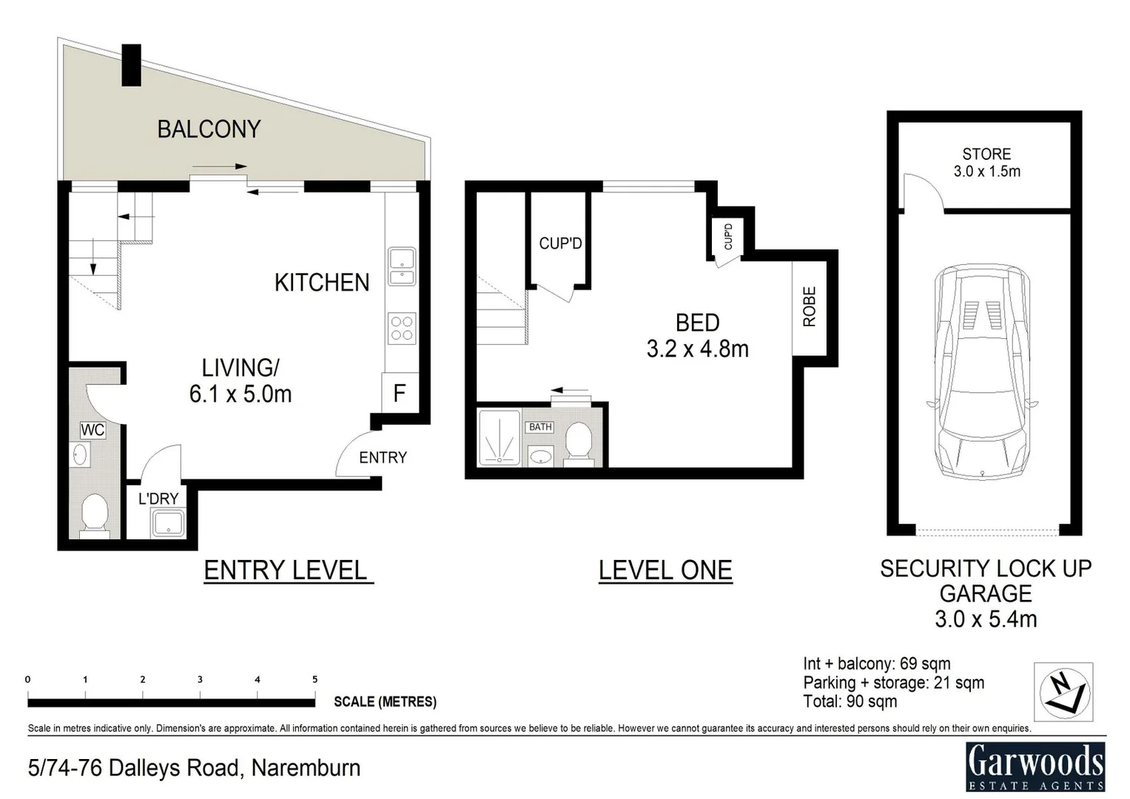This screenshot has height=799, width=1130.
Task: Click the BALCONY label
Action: [209, 129]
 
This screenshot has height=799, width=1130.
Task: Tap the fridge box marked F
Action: [399, 393]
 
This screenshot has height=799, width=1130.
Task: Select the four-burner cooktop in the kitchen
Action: [402, 328]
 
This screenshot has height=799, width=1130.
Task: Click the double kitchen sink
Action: [402, 267]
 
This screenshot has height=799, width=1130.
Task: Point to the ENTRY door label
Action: [383, 458]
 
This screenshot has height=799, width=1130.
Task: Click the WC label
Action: [93, 430]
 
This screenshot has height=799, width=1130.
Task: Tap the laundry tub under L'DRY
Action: [168, 524]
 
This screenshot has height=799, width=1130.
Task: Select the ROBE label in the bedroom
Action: [809, 306]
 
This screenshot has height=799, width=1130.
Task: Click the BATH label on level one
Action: [540, 427]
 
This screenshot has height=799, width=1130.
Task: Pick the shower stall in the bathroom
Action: [500, 438]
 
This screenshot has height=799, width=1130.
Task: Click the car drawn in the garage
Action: [981, 374]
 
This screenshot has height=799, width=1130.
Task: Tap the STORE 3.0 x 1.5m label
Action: [986, 163]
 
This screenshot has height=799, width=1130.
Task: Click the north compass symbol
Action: [1063, 692]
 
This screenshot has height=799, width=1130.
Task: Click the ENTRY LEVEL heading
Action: [286, 570]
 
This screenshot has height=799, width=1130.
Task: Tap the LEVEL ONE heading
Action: [665, 570]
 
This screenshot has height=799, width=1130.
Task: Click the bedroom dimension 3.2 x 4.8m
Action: [697, 348]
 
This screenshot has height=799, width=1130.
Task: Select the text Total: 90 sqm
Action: [850, 701]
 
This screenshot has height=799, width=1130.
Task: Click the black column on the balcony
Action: [131, 65]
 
